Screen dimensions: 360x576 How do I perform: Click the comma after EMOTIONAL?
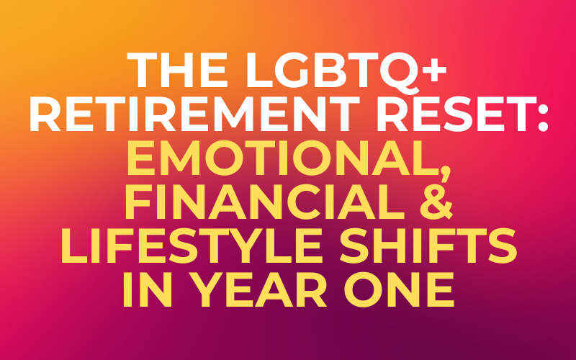click(444, 173)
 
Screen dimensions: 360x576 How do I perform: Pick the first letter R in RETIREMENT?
click(45, 115)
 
